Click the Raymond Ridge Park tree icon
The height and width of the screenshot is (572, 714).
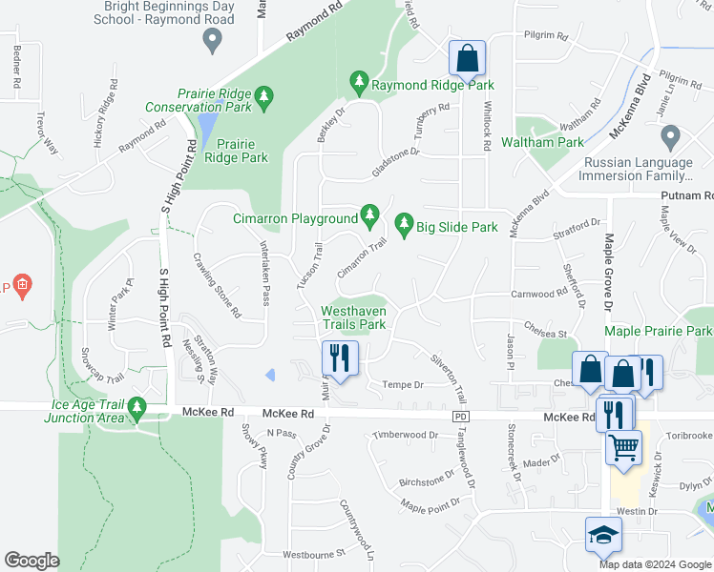point(359,84)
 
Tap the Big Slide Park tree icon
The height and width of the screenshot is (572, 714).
point(404,226)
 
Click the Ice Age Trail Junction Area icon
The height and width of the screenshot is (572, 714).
point(136,409)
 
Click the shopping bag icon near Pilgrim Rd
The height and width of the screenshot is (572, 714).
point(468,59)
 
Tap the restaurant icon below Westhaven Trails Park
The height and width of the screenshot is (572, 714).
point(340,358)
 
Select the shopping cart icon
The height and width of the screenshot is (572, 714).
point(623,445)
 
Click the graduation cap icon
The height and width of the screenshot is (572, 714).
point(602,537)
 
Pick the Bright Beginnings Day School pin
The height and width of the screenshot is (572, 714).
point(212,40)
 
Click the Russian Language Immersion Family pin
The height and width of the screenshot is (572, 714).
point(670,135)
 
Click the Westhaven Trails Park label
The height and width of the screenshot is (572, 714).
point(353,317)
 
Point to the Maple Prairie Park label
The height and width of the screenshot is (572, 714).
point(659,331)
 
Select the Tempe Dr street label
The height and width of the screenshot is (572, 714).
point(402,384)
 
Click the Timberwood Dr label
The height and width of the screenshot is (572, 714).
point(405,435)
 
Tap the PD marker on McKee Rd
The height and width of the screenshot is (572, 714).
point(461,417)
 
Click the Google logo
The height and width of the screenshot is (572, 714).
point(32,561)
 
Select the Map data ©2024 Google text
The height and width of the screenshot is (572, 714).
point(654,563)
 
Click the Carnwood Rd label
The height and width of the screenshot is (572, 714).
point(539,295)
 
